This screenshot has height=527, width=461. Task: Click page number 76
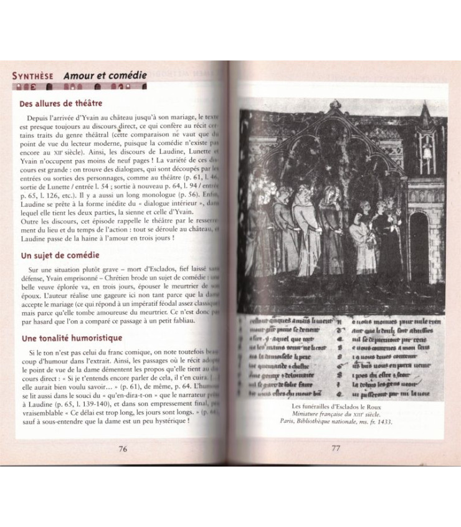click(123, 449)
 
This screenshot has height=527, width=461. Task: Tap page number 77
click(335, 449)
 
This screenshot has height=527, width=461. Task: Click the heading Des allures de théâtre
click(60, 103)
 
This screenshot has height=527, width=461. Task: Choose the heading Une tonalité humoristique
click(70, 338)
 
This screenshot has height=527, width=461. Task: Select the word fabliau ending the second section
click(180, 320)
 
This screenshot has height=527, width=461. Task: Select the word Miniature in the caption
click(301, 414)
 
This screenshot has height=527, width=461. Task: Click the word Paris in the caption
click(287, 421)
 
